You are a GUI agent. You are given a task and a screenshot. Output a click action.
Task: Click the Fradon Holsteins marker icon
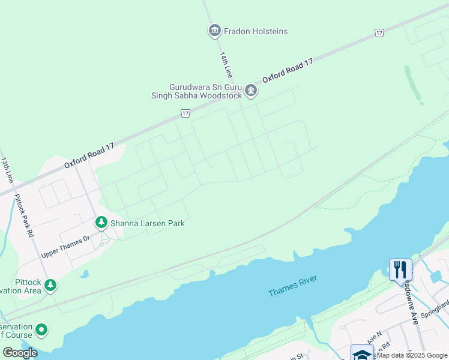(215, 31)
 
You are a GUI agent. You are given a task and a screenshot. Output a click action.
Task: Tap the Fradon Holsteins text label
(256, 31)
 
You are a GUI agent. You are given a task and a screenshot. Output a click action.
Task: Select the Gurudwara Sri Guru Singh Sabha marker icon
(251, 92)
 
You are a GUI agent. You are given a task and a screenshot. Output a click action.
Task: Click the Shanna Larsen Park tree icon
(101, 223)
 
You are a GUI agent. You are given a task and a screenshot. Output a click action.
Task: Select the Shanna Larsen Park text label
(147, 223)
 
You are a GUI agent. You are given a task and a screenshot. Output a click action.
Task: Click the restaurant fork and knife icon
(400, 269)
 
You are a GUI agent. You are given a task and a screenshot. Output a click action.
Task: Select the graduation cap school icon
(362, 354)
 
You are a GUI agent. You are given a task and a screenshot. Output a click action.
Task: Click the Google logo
(20, 353)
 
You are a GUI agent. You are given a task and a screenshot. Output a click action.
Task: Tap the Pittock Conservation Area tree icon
(51, 285)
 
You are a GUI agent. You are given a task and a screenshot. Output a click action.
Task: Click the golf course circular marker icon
(41, 329)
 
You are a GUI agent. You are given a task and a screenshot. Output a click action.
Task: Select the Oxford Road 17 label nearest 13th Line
(89, 154)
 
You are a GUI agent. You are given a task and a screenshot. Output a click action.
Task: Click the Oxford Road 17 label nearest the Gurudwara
(288, 71)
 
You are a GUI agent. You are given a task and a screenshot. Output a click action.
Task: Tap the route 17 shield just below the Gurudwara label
(185, 113)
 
